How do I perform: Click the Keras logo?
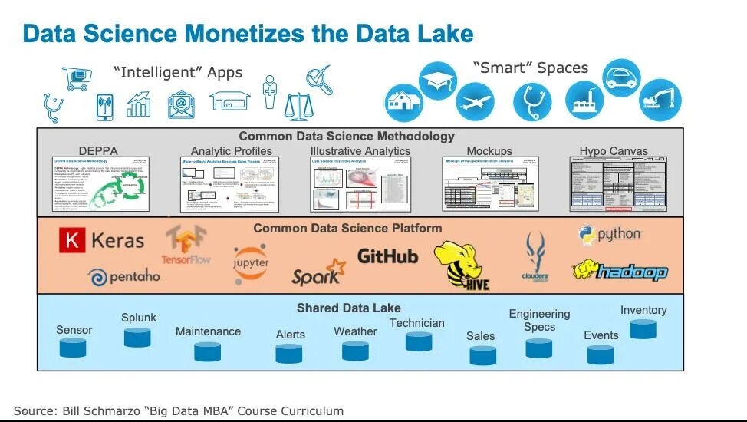tap(101, 241)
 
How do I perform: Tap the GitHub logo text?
tap(387, 256)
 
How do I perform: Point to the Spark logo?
tap(318, 273)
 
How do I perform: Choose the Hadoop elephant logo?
tap(620, 271)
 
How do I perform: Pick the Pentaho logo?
tap(124, 276)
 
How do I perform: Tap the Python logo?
tap(610, 235)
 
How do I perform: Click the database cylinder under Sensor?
tap(74, 348)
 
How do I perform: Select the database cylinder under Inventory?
tap(643, 328)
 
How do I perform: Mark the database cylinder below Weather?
tap(355, 351)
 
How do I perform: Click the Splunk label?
tap(139, 318)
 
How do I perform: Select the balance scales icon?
tap(298, 107)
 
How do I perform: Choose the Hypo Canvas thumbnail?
tap(613, 183)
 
